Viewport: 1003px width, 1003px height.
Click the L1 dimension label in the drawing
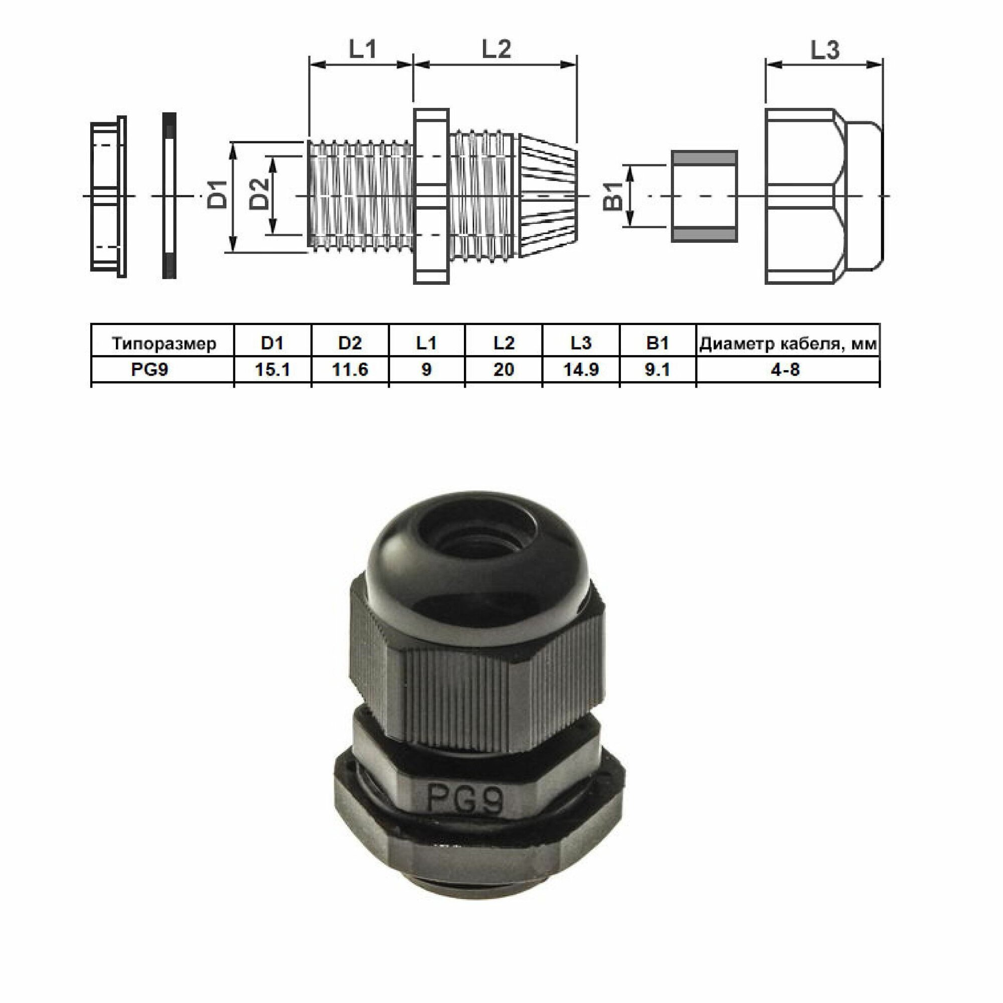click(x=362, y=49)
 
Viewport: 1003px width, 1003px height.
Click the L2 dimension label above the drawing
click(x=496, y=49)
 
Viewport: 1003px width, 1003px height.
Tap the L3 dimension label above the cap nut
click(x=824, y=50)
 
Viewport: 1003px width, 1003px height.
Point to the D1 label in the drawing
click(x=219, y=194)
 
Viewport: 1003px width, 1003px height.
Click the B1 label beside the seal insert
click(x=613, y=196)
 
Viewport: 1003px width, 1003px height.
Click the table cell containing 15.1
click(x=272, y=370)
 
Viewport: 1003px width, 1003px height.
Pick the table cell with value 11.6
click(x=350, y=370)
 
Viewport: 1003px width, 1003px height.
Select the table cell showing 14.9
click(x=581, y=370)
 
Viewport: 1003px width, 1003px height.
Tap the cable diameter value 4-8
click(x=785, y=370)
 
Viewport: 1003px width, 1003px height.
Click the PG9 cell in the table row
click(x=149, y=370)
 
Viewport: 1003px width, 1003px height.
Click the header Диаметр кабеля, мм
click(x=788, y=344)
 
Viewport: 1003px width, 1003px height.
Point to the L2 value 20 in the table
click(x=504, y=370)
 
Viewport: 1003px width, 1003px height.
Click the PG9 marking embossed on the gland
click(x=465, y=800)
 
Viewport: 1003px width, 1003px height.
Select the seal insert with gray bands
click(x=704, y=196)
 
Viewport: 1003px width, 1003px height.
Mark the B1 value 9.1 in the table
click(x=657, y=370)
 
